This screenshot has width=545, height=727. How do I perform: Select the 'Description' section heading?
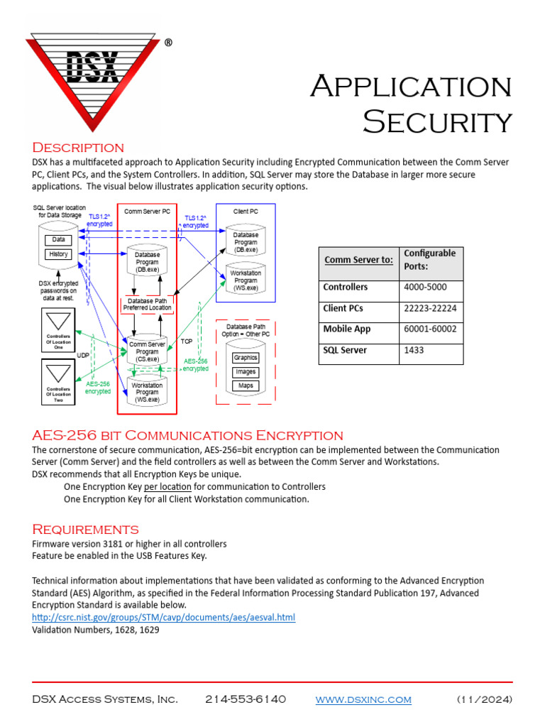[78, 148]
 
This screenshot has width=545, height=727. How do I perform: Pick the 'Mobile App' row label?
[347, 329]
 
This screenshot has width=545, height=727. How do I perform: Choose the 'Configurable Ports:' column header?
[429, 260]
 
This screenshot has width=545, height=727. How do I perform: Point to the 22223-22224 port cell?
[430, 309]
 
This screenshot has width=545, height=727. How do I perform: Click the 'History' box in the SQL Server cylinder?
[59, 254]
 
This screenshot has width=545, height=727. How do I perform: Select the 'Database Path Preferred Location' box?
[148, 304]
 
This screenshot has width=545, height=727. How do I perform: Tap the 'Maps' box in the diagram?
[246, 386]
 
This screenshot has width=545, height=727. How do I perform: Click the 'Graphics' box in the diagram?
[246, 358]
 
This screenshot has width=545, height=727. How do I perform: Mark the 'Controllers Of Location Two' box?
[59, 381]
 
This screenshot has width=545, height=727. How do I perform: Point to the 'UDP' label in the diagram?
[83, 355]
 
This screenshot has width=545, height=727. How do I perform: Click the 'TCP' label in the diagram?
[187, 341]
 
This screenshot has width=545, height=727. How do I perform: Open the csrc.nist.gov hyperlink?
[163, 618]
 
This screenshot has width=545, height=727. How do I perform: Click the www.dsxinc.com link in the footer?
[363, 700]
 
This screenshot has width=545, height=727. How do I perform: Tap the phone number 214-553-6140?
[246, 700]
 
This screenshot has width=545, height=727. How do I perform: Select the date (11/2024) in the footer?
[484, 700]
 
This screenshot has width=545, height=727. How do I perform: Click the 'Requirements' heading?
[85, 530]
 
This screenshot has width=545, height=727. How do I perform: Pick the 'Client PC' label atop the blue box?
[247, 212]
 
